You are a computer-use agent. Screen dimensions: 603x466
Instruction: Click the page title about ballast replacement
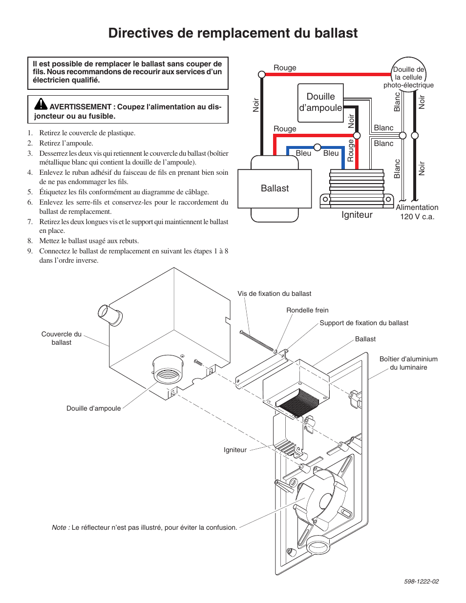tap(233, 33)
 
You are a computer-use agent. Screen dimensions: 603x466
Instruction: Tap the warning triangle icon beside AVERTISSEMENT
tap(41, 104)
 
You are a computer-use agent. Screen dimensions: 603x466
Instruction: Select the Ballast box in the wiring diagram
tap(275, 188)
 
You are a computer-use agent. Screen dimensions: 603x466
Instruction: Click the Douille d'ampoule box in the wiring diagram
tap(320, 102)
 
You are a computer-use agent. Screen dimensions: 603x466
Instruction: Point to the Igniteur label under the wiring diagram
tap(357, 215)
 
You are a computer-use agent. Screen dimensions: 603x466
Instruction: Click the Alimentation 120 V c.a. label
tap(417, 212)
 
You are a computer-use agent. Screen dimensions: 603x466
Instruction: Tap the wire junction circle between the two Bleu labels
tap(318, 147)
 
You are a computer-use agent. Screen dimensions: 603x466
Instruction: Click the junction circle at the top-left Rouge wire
tap(262, 74)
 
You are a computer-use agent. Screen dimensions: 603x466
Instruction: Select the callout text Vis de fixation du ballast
tap(274, 293)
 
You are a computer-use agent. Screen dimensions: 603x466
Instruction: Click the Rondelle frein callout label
tap(307, 310)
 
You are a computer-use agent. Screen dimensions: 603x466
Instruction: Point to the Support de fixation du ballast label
tap(364, 323)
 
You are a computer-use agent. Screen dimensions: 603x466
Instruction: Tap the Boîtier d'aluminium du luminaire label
tap(408, 363)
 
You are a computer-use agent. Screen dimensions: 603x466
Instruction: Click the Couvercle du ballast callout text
tap(62, 338)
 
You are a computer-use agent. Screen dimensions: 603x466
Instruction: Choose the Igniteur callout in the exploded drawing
tap(235, 450)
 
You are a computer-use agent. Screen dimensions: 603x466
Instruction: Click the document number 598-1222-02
tap(421, 581)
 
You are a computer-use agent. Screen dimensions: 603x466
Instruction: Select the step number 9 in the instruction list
tap(30, 251)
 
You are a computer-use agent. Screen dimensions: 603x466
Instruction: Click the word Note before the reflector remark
tap(60, 527)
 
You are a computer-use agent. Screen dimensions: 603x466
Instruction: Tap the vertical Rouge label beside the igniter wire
tap(350, 150)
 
